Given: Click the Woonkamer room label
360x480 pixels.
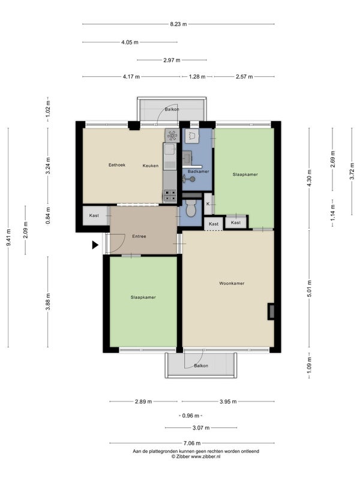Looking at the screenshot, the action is coord(232,283).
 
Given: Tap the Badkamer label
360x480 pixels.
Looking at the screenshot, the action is coord(199,172).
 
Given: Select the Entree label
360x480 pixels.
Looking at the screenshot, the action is coord(139,236).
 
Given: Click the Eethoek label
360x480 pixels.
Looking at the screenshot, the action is coord(117,165).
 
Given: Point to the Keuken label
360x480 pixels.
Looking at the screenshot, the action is coord(151,166).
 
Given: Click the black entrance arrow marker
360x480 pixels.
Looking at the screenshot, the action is coord(95,245).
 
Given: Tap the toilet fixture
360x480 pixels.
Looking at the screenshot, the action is coord(191,209).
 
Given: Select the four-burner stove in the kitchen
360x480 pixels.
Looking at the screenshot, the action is coord(170,196).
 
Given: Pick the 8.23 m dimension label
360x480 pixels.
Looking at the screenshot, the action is coord(178,24).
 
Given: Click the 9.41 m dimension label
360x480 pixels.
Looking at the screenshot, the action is coord(8,237).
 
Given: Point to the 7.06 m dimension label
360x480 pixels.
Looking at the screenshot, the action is coord(192,443).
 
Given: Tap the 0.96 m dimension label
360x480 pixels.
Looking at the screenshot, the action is coord(190,416).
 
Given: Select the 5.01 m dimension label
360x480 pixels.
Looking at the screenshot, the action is coord(309,289).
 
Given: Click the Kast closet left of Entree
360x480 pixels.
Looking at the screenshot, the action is coord(95,216).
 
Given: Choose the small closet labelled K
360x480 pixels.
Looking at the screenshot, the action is coord(208,204).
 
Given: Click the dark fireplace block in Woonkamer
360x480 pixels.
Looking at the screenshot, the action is coord(271,311).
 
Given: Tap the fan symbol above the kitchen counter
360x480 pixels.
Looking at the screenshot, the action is coord(172,136).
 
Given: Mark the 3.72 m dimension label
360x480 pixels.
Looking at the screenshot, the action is coord(352,172).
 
